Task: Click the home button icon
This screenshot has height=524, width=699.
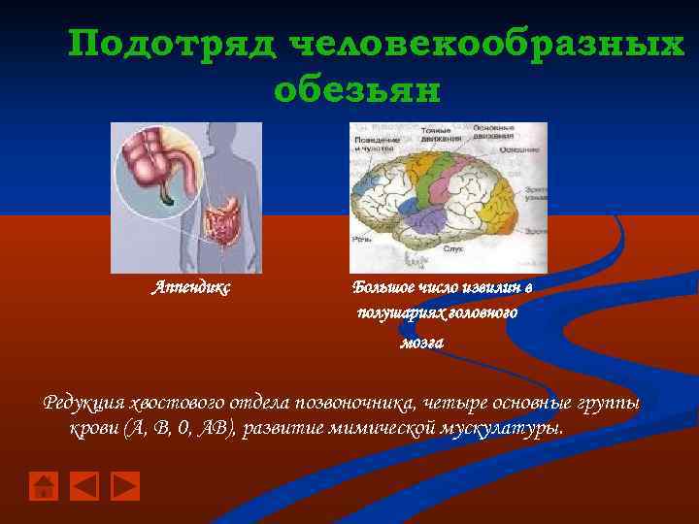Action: click(43, 485)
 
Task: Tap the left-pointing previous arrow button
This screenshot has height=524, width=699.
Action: click(85, 485)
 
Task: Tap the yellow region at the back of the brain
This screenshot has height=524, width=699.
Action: click(505, 204)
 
